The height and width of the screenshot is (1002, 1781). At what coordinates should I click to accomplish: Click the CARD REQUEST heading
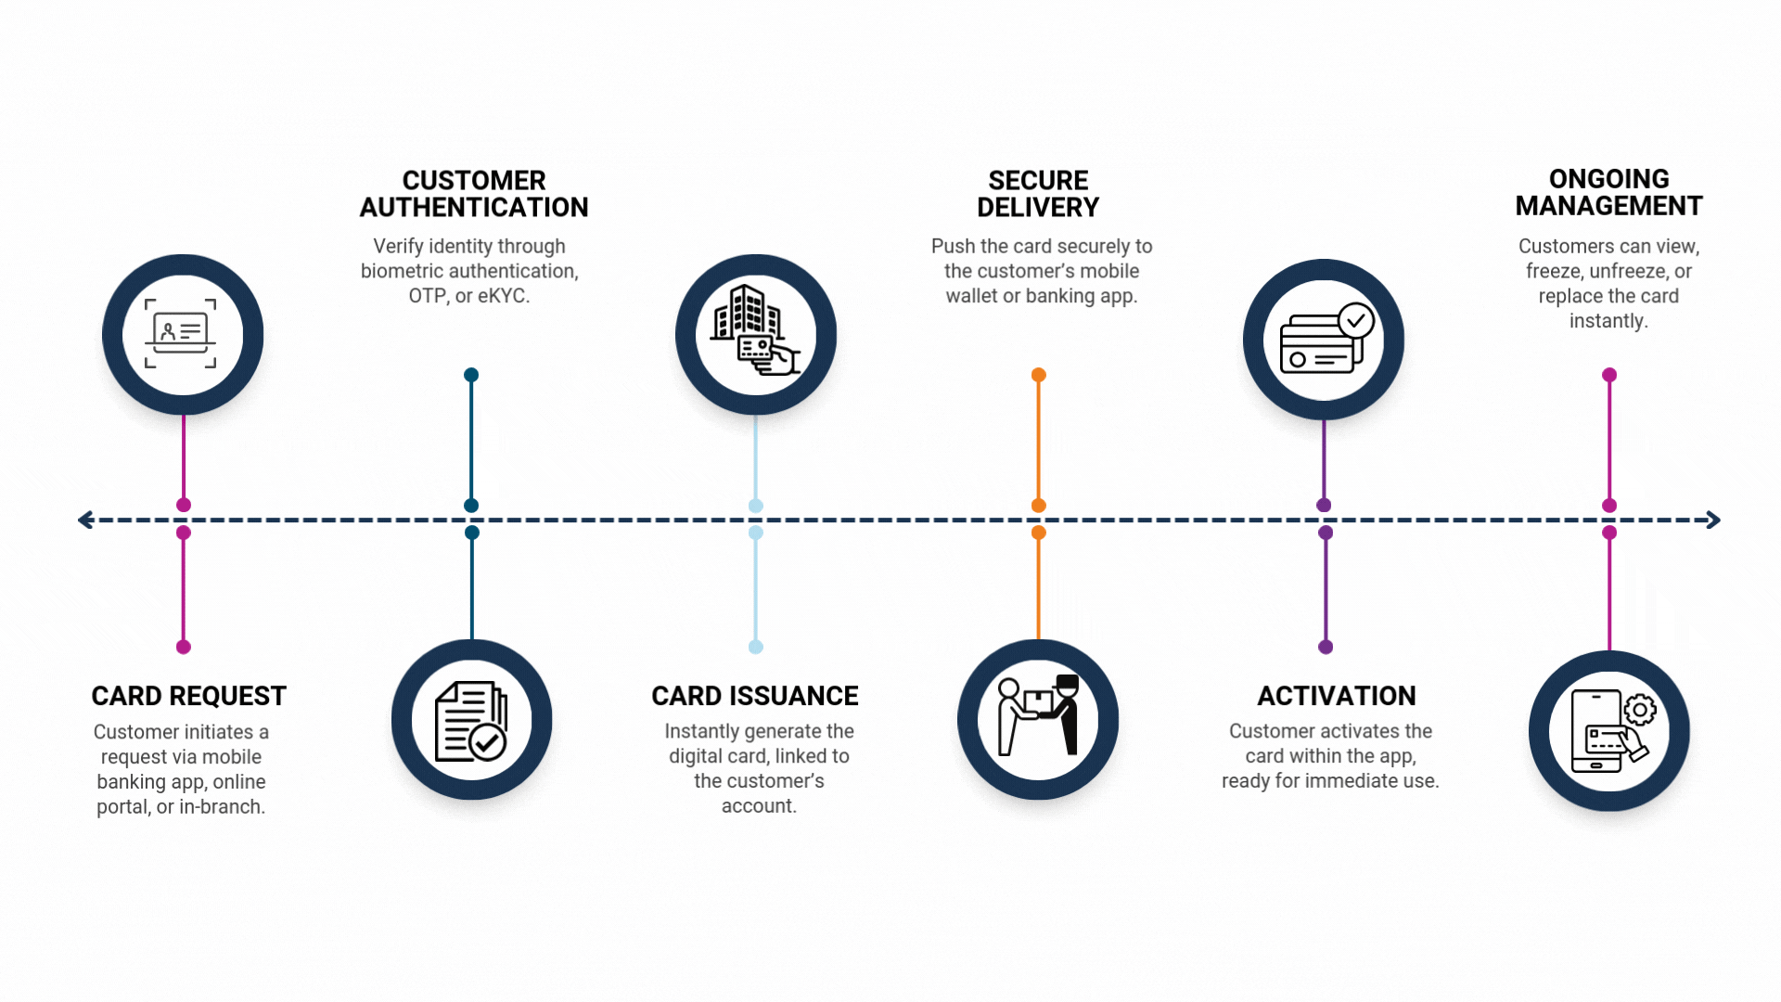coord(188,696)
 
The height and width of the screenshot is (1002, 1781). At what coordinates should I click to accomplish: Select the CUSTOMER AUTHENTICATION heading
coord(473,194)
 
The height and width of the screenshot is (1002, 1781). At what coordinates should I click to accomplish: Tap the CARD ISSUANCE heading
coord(754,696)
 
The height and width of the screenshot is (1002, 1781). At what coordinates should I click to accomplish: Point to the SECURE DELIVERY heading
coord(1038,194)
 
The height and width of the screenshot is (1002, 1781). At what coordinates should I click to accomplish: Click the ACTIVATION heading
coord(1336,696)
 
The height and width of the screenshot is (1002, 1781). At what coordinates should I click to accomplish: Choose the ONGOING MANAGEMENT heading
coord(1608,192)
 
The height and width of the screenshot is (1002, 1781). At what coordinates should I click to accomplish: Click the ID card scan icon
coord(182,334)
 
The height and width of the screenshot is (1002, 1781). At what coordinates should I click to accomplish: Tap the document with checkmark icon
coord(471,721)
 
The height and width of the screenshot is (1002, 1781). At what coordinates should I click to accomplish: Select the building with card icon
coord(755,332)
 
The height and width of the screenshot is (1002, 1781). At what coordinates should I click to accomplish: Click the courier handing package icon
coord(1038,717)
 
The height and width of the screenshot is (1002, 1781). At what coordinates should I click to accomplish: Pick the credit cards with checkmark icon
coord(1324,340)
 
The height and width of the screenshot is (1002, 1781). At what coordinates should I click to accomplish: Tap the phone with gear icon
coord(1610,731)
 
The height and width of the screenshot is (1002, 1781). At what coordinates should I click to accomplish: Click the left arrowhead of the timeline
coord(86,520)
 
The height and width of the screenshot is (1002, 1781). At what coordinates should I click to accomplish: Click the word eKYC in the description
coord(503,296)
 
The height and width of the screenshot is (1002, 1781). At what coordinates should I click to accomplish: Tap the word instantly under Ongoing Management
coord(1608,321)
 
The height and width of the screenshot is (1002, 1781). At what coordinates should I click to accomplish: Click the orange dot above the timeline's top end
coord(1039,375)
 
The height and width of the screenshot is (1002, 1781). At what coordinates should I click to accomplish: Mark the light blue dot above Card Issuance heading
coord(756,647)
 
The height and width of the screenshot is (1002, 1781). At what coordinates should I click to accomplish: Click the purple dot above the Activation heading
coord(1326,647)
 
